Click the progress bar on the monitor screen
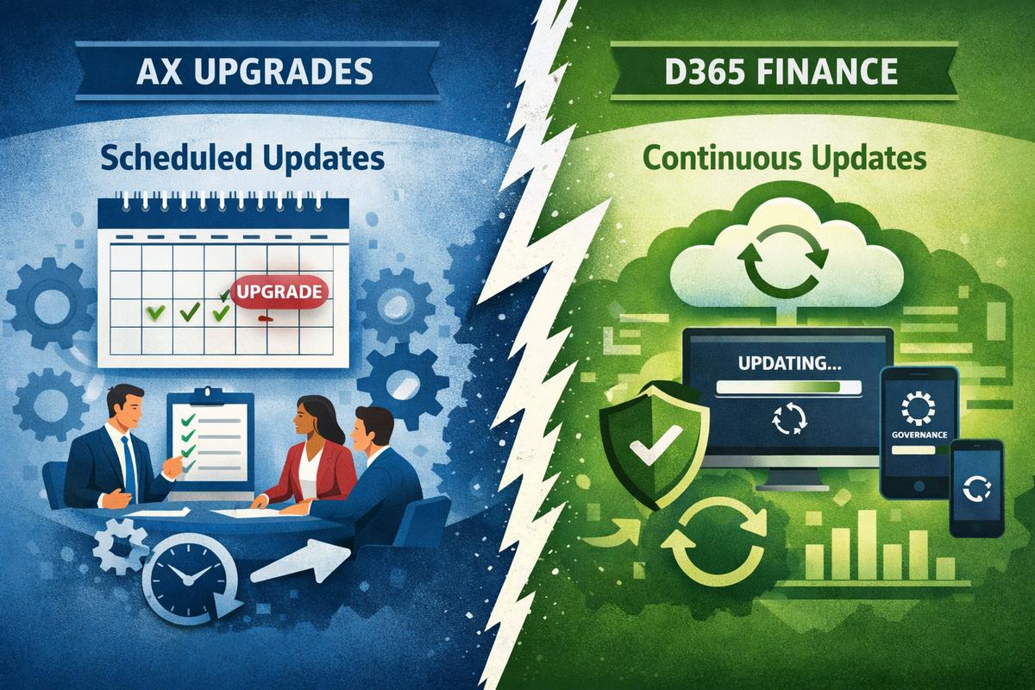(x=786, y=389)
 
